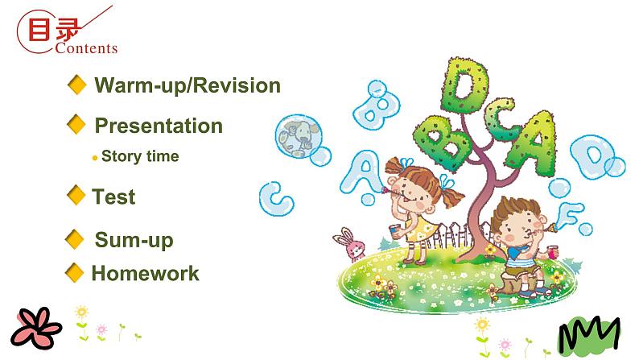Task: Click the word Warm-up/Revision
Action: point(188,85)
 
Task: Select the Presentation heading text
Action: point(159,126)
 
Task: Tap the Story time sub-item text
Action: point(140,156)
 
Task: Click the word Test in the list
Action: point(113,197)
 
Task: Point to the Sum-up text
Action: point(134,239)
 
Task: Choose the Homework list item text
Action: point(145,273)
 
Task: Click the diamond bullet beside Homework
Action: point(75,272)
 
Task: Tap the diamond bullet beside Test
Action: point(77,195)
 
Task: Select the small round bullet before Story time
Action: point(95,158)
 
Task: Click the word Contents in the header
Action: point(87,48)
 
